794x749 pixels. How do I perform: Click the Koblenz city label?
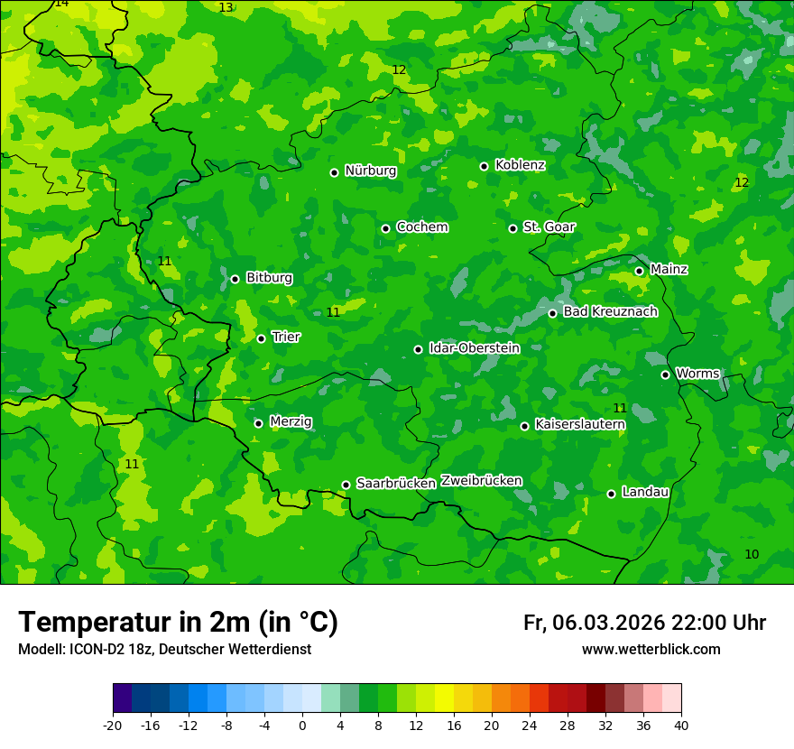520,165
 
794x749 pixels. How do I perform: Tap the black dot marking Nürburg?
334,172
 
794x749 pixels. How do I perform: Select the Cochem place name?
421,227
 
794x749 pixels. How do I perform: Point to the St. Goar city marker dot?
512,228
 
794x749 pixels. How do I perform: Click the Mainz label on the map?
669,270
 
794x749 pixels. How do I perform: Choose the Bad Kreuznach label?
610,312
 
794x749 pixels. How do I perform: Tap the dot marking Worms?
665,374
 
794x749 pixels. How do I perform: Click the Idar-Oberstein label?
474,348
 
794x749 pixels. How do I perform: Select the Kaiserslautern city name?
579,424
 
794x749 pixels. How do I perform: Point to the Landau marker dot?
611,494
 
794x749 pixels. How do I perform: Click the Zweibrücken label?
481,481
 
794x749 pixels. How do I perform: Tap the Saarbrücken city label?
395,484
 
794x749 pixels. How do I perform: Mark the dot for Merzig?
258,423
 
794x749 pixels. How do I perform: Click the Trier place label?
286,338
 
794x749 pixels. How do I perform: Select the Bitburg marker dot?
235,279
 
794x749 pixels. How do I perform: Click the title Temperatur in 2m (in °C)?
178,623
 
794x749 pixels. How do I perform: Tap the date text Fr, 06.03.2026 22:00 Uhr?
644,624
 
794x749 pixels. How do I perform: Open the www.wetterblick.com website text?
651,650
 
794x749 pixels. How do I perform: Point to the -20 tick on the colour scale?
113,726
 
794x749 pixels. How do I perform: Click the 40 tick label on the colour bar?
681,726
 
